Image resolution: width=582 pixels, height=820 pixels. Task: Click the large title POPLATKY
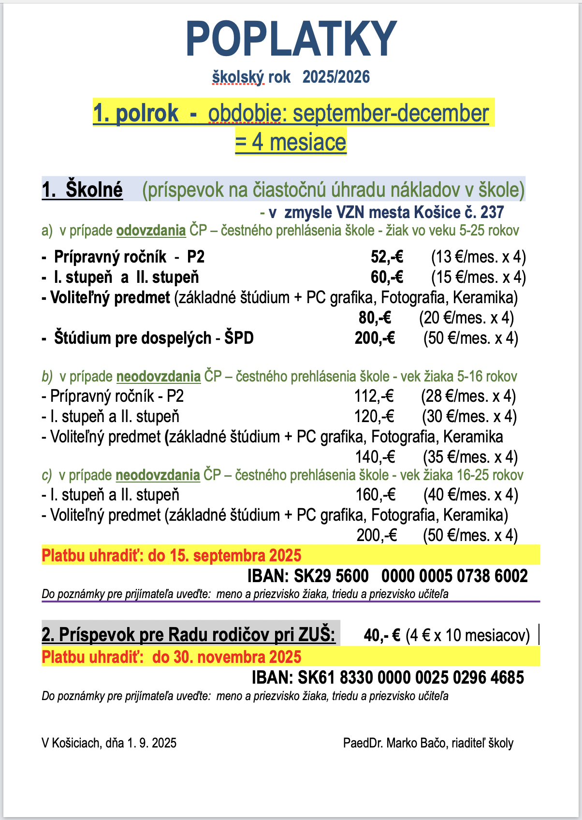click(291, 39)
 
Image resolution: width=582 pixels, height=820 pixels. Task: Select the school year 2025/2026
click(336, 77)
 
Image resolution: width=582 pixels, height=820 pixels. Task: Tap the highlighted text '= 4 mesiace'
click(291, 142)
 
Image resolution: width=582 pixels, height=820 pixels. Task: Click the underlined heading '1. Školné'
click(82, 190)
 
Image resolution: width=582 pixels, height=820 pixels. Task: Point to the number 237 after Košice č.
click(492, 212)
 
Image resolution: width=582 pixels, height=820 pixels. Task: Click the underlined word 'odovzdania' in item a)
click(151, 231)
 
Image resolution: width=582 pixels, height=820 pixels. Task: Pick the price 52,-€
click(387, 257)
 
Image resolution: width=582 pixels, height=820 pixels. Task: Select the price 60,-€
click(387, 277)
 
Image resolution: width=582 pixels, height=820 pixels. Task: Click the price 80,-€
click(375, 318)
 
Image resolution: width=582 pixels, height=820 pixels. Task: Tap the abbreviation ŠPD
click(239, 338)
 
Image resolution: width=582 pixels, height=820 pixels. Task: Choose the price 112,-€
click(374, 396)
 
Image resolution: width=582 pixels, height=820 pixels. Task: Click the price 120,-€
click(374, 416)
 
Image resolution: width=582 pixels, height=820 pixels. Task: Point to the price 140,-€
click(375, 457)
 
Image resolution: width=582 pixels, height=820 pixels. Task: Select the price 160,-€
click(376, 495)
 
